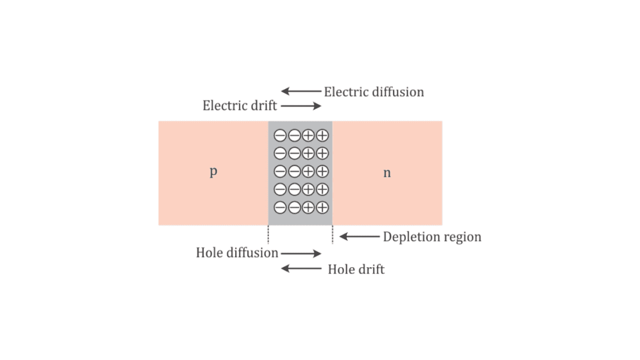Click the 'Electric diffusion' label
coord(374,92)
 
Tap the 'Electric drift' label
coord(239,106)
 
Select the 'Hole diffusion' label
coord(237,253)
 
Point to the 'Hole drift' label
coord(356,269)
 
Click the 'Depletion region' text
coord(432,237)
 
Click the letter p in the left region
coord(213,172)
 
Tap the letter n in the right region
coord(387,173)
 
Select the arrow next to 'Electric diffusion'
coord(301,91)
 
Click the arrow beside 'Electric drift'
coord(301,106)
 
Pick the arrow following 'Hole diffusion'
coord(301,253)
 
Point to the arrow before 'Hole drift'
coord(301,269)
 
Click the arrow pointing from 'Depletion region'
coord(359,237)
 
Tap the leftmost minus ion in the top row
coord(280,135)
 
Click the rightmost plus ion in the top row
coord(322,135)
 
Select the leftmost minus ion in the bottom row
coord(280,207)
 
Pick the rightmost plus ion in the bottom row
coord(322,207)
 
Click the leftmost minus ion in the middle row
coord(280,171)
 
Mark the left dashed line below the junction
coord(268,235)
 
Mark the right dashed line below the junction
coord(333,235)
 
